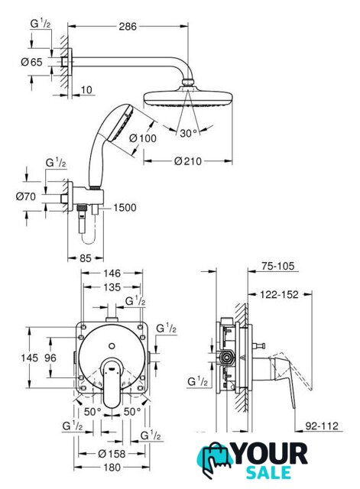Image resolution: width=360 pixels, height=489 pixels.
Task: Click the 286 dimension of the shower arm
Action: [128, 27]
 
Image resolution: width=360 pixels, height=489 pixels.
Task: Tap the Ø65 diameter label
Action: [31, 62]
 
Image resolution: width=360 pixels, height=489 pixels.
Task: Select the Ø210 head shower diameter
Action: [188, 161]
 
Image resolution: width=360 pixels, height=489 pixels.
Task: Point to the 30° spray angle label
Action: [189, 133]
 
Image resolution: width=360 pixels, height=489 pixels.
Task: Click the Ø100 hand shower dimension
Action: [143, 138]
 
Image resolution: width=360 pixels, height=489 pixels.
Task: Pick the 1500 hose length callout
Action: [125, 207]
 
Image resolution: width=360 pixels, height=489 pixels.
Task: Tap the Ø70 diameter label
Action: [26, 196]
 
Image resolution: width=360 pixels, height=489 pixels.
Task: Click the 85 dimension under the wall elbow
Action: [86, 258]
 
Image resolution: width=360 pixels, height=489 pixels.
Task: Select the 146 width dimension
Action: [112, 274]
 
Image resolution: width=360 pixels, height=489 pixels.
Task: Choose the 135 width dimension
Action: [112, 287]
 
